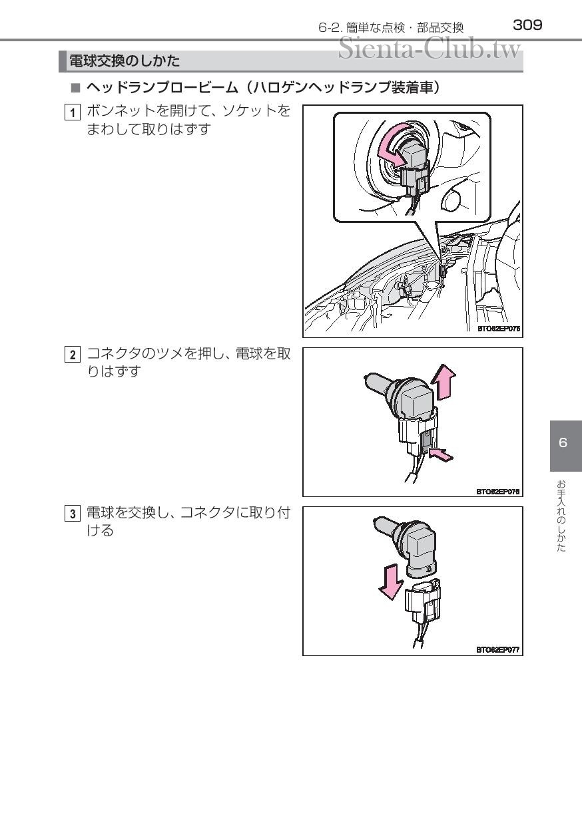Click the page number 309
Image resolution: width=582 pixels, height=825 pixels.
(527, 25)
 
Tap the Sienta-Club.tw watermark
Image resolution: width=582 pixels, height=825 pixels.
(430, 48)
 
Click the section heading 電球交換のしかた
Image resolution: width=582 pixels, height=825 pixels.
(125, 61)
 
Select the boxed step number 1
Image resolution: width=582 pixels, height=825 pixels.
(73, 112)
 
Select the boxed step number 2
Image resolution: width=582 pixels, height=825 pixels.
(73, 355)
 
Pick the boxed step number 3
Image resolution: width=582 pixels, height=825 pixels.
(73, 514)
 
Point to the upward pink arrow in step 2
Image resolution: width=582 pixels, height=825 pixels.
(443, 382)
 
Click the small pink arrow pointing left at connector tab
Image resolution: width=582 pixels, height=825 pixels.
(441, 455)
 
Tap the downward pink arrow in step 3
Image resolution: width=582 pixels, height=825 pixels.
(391, 581)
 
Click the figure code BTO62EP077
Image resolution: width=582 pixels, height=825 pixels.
(497, 649)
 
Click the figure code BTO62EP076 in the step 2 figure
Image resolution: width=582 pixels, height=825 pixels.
(497, 491)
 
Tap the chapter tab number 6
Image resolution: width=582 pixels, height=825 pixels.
(563, 442)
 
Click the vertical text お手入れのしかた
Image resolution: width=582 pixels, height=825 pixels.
(561, 516)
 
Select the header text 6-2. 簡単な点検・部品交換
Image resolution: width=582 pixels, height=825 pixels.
(391, 28)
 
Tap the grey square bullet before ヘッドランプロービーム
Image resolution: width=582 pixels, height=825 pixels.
(75, 88)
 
